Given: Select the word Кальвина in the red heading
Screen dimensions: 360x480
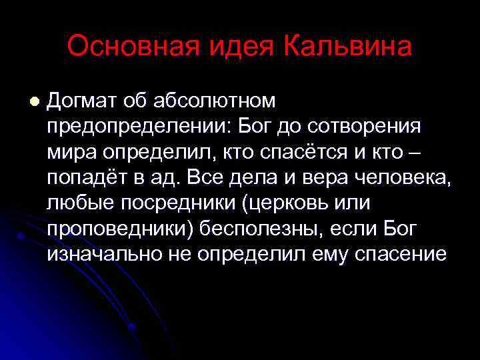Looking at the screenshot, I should [348, 47].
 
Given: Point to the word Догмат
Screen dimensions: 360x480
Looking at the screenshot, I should [83, 101].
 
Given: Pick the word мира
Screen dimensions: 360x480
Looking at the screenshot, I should [71, 152].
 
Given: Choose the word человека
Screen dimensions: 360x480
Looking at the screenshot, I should [401, 177].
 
